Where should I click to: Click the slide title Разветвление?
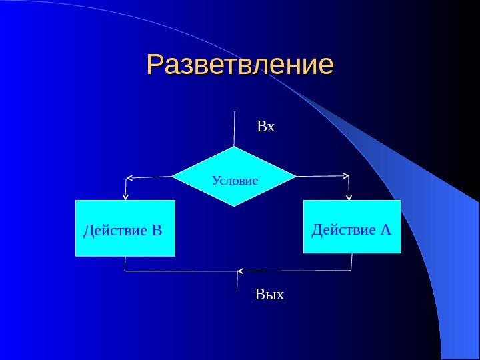(239, 65)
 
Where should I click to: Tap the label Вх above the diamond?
(266, 126)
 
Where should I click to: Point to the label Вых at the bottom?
(269, 294)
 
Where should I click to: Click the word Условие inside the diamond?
(235, 181)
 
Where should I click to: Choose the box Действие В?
(125, 228)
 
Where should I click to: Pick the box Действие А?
(352, 227)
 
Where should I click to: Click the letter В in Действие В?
(157, 231)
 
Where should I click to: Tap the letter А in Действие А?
(385, 230)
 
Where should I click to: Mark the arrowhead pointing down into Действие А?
(349, 197)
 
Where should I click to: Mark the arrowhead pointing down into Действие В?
(125, 197)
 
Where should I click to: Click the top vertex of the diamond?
(235, 147)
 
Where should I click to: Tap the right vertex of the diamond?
(296, 177)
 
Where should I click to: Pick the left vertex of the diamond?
(172, 177)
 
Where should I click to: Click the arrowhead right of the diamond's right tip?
(346, 177)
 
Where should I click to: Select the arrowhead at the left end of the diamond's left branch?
(129, 178)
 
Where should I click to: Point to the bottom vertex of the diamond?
(235, 205)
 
